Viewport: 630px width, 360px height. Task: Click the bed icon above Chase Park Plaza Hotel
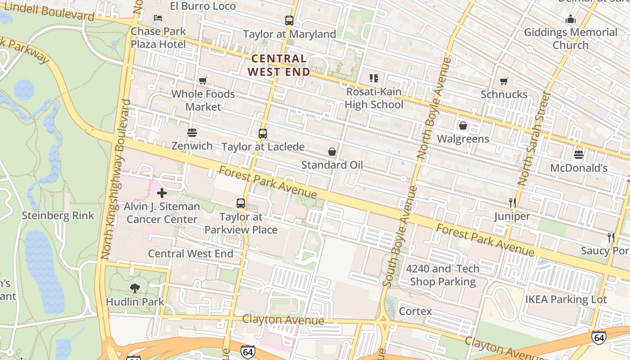(158, 18)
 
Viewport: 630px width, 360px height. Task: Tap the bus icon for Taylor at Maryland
(289, 20)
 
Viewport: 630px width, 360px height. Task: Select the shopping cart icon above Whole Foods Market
(203, 81)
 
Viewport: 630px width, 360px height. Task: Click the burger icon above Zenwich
(192, 133)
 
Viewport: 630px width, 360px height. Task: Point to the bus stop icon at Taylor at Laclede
(263, 133)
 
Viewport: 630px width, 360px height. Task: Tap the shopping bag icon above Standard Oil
(332, 152)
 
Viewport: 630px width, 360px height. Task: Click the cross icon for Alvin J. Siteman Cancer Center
(162, 193)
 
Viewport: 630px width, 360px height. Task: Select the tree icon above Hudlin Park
(135, 288)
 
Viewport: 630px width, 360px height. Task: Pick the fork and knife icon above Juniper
(512, 203)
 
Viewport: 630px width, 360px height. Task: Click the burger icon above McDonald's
(579, 155)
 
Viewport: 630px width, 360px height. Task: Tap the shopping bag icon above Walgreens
(463, 126)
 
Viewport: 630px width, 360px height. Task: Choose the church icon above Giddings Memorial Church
(571, 19)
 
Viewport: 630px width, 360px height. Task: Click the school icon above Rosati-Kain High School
(373, 78)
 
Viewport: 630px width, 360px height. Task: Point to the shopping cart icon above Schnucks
(504, 81)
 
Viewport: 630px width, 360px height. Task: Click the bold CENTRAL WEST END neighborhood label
(279, 65)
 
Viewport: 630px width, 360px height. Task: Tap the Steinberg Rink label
(58, 216)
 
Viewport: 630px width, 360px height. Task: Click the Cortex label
(415, 311)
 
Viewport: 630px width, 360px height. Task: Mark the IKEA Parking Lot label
(566, 299)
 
